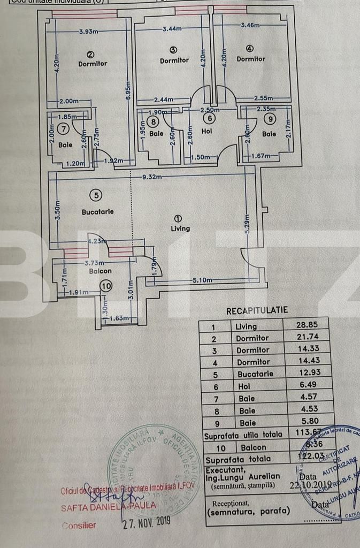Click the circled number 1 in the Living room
(178, 218)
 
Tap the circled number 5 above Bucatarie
(96, 196)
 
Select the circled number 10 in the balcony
(106, 286)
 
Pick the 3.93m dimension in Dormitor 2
(88, 32)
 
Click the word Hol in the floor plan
(208, 131)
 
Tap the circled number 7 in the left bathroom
(63, 128)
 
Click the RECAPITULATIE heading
(257, 310)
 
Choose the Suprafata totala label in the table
(238, 459)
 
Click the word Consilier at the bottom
(79, 525)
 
